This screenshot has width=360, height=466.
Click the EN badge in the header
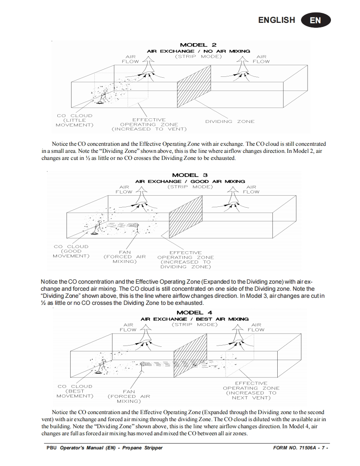click(x=316, y=20)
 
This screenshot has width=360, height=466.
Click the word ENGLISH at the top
click(x=276, y=20)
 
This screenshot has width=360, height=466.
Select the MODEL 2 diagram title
click(x=198, y=45)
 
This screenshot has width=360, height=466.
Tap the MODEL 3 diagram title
click(x=190, y=175)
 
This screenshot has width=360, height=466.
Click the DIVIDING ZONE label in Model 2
click(x=229, y=121)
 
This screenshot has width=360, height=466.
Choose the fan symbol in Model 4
click(x=142, y=364)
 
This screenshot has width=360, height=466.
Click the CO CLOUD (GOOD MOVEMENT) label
click(x=71, y=251)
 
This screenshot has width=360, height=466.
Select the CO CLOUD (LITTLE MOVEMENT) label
click(x=74, y=120)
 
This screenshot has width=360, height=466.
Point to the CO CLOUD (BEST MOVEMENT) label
click(x=75, y=391)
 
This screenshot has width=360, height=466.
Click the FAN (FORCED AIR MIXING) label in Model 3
click(x=125, y=257)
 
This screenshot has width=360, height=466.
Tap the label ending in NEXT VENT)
click(x=251, y=390)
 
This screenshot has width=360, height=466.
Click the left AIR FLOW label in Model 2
click(x=130, y=59)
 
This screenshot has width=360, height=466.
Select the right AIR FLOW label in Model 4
click(x=256, y=327)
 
